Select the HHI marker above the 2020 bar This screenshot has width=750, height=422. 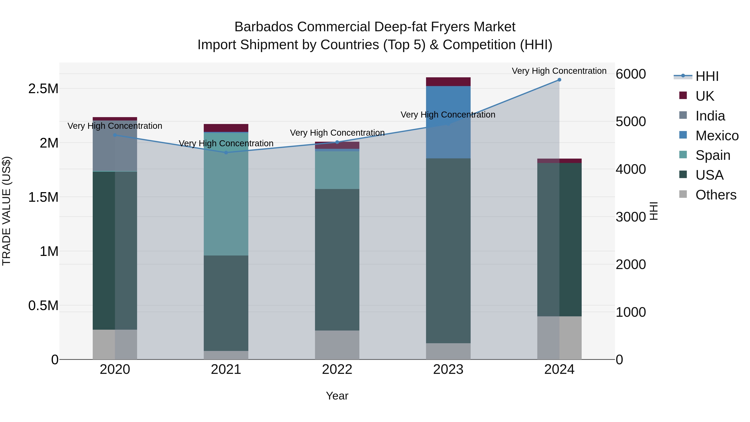click(x=115, y=135)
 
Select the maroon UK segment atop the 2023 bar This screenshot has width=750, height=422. click(x=448, y=82)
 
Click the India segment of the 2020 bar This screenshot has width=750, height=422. click(x=115, y=146)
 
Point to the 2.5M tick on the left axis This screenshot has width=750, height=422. click(x=43, y=89)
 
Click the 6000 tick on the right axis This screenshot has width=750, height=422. click(x=631, y=74)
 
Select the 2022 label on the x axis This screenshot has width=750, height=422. click(x=337, y=369)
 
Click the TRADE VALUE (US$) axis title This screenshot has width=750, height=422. click(x=6, y=211)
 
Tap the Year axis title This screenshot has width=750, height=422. click(x=337, y=396)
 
